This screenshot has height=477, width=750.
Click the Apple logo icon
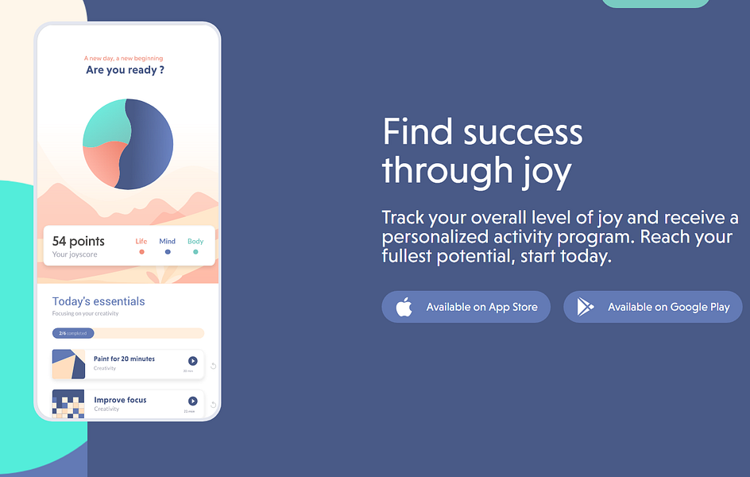tap(404, 307)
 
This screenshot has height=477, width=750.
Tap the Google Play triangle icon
tap(586, 307)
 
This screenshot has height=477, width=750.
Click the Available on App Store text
tap(481, 307)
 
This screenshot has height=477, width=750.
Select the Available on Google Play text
tap(668, 307)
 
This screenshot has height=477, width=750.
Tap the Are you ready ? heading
tap(125, 70)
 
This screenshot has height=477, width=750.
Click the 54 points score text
tap(79, 241)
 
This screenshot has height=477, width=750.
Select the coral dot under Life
tap(141, 252)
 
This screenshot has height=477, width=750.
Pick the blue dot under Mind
tap(167, 252)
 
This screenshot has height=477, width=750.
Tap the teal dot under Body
tap(195, 252)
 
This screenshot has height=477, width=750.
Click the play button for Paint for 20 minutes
tap(192, 361)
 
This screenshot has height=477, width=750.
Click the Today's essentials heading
tap(99, 301)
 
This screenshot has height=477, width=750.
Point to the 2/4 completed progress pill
tap(73, 333)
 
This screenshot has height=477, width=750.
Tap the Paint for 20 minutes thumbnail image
tap(68, 364)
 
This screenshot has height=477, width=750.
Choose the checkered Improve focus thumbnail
tap(68, 404)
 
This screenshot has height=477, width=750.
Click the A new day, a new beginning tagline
tap(123, 58)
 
